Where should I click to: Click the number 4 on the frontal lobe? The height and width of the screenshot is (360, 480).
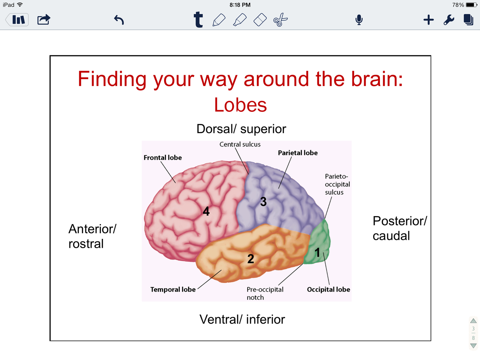click(206, 211)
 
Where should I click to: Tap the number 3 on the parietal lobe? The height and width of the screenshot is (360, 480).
click(263, 202)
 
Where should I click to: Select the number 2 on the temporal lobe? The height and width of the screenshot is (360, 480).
click(251, 259)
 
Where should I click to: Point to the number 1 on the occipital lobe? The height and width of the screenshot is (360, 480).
click(317, 252)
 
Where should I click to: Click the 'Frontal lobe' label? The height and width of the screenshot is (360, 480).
click(163, 158)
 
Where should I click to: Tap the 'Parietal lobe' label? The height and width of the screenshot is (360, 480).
click(298, 153)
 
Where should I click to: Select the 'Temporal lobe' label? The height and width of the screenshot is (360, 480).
click(173, 290)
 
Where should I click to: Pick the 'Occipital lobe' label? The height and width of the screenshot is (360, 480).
click(328, 290)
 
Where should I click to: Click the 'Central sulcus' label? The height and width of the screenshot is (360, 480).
click(240, 144)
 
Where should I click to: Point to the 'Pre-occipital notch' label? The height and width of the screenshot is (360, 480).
click(265, 293)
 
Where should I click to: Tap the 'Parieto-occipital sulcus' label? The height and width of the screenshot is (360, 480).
click(337, 184)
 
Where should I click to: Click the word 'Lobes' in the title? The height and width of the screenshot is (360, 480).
click(240, 105)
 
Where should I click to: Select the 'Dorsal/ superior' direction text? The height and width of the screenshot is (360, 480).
click(241, 129)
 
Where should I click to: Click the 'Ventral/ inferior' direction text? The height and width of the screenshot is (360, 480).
click(242, 319)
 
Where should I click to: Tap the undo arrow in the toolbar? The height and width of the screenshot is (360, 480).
click(119, 20)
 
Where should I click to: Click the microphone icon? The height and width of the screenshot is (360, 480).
click(359, 20)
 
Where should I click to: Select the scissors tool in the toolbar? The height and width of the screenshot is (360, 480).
click(280, 20)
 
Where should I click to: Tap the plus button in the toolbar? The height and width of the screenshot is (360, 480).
click(429, 20)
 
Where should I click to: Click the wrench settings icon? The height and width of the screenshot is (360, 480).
click(449, 20)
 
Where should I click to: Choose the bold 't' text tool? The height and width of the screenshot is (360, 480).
click(198, 20)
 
